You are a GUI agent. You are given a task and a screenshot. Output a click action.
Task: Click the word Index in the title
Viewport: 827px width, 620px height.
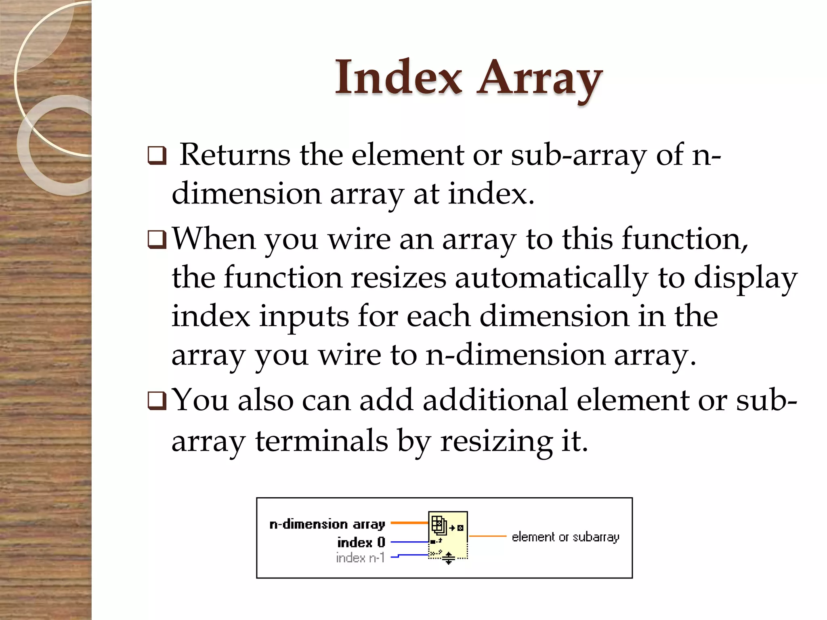click(x=398, y=77)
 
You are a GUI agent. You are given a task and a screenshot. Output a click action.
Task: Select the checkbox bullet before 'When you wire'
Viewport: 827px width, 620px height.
click(x=157, y=240)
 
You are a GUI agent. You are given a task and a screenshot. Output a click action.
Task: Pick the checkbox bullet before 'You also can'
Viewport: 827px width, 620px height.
click(x=157, y=401)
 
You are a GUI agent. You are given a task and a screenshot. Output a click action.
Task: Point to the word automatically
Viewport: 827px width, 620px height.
click(x=551, y=279)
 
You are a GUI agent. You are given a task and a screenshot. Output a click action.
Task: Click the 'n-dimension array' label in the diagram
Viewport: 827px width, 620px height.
click(x=327, y=524)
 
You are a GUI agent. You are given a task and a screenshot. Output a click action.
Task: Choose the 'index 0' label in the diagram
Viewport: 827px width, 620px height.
click(x=361, y=542)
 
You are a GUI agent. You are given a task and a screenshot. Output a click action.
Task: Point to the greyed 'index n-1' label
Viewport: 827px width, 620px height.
click(x=360, y=557)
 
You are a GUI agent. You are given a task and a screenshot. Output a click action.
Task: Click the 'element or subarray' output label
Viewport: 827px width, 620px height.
click(x=565, y=537)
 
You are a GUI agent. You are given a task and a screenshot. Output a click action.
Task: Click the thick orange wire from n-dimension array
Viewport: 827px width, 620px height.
click(x=409, y=523)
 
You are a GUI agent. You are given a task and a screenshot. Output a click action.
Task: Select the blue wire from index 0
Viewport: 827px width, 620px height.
click(x=409, y=542)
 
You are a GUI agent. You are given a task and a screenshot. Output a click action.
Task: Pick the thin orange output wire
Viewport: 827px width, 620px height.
click(x=487, y=536)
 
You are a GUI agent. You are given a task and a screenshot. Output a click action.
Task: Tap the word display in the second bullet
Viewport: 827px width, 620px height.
click(x=745, y=279)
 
